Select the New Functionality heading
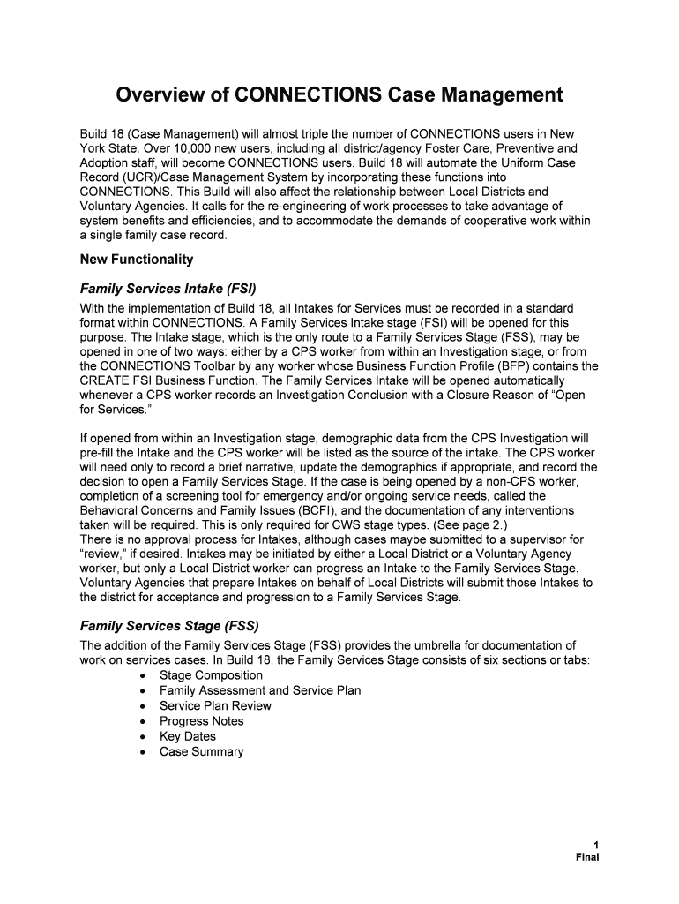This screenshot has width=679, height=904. click(x=136, y=260)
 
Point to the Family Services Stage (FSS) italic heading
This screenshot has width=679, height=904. click(x=168, y=626)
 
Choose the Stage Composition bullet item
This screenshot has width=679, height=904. click(x=211, y=675)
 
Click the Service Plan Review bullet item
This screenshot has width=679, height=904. click(x=215, y=705)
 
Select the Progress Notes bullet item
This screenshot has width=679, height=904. click(x=201, y=721)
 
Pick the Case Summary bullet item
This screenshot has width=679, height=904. click(x=201, y=752)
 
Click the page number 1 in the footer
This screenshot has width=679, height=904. click(x=596, y=844)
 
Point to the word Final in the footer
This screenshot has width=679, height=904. click(x=586, y=856)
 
